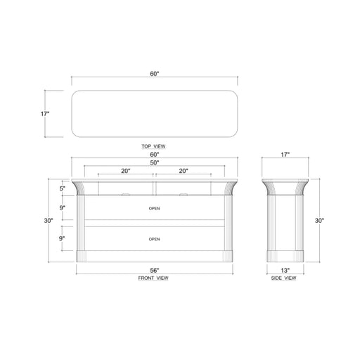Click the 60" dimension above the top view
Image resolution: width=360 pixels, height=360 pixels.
pyautogui.click(x=154, y=74)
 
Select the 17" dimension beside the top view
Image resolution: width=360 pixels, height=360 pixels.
pyautogui.click(x=45, y=112)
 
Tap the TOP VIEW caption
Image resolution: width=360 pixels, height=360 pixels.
pyautogui.click(x=154, y=146)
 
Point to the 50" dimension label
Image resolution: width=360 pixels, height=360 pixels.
pyautogui.click(x=154, y=162)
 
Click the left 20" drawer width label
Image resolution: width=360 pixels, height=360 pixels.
pyautogui.click(x=125, y=171)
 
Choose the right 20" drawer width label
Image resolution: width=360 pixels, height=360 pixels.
pyautogui.click(x=183, y=171)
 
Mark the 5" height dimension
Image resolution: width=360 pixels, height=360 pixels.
pyautogui.click(x=62, y=188)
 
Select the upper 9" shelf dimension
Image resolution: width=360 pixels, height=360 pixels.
pyautogui.click(x=62, y=208)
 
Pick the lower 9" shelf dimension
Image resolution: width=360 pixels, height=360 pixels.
pyautogui.click(x=62, y=238)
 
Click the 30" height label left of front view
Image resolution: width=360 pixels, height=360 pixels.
pyautogui.click(x=49, y=220)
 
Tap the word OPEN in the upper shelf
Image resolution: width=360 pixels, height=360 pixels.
pyautogui.click(x=154, y=209)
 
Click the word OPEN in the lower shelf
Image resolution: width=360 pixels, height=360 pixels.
pyautogui.click(x=154, y=239)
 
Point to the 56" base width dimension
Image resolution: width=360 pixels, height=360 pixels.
pyautogui.click(x=154, y=270)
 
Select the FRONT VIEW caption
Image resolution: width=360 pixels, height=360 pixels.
pyautogui.click(x=154, y=278)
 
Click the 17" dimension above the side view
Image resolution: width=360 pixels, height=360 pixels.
pyautogui.click(x=285, y=154)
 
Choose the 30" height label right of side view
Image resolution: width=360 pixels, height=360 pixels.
pyautogui.click(x=320, y=220)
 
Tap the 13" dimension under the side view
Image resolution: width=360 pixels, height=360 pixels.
pyautogui.click(x=285, y=270)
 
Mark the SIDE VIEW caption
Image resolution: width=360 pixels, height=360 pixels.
pyautogui.click(x=284, y=278)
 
